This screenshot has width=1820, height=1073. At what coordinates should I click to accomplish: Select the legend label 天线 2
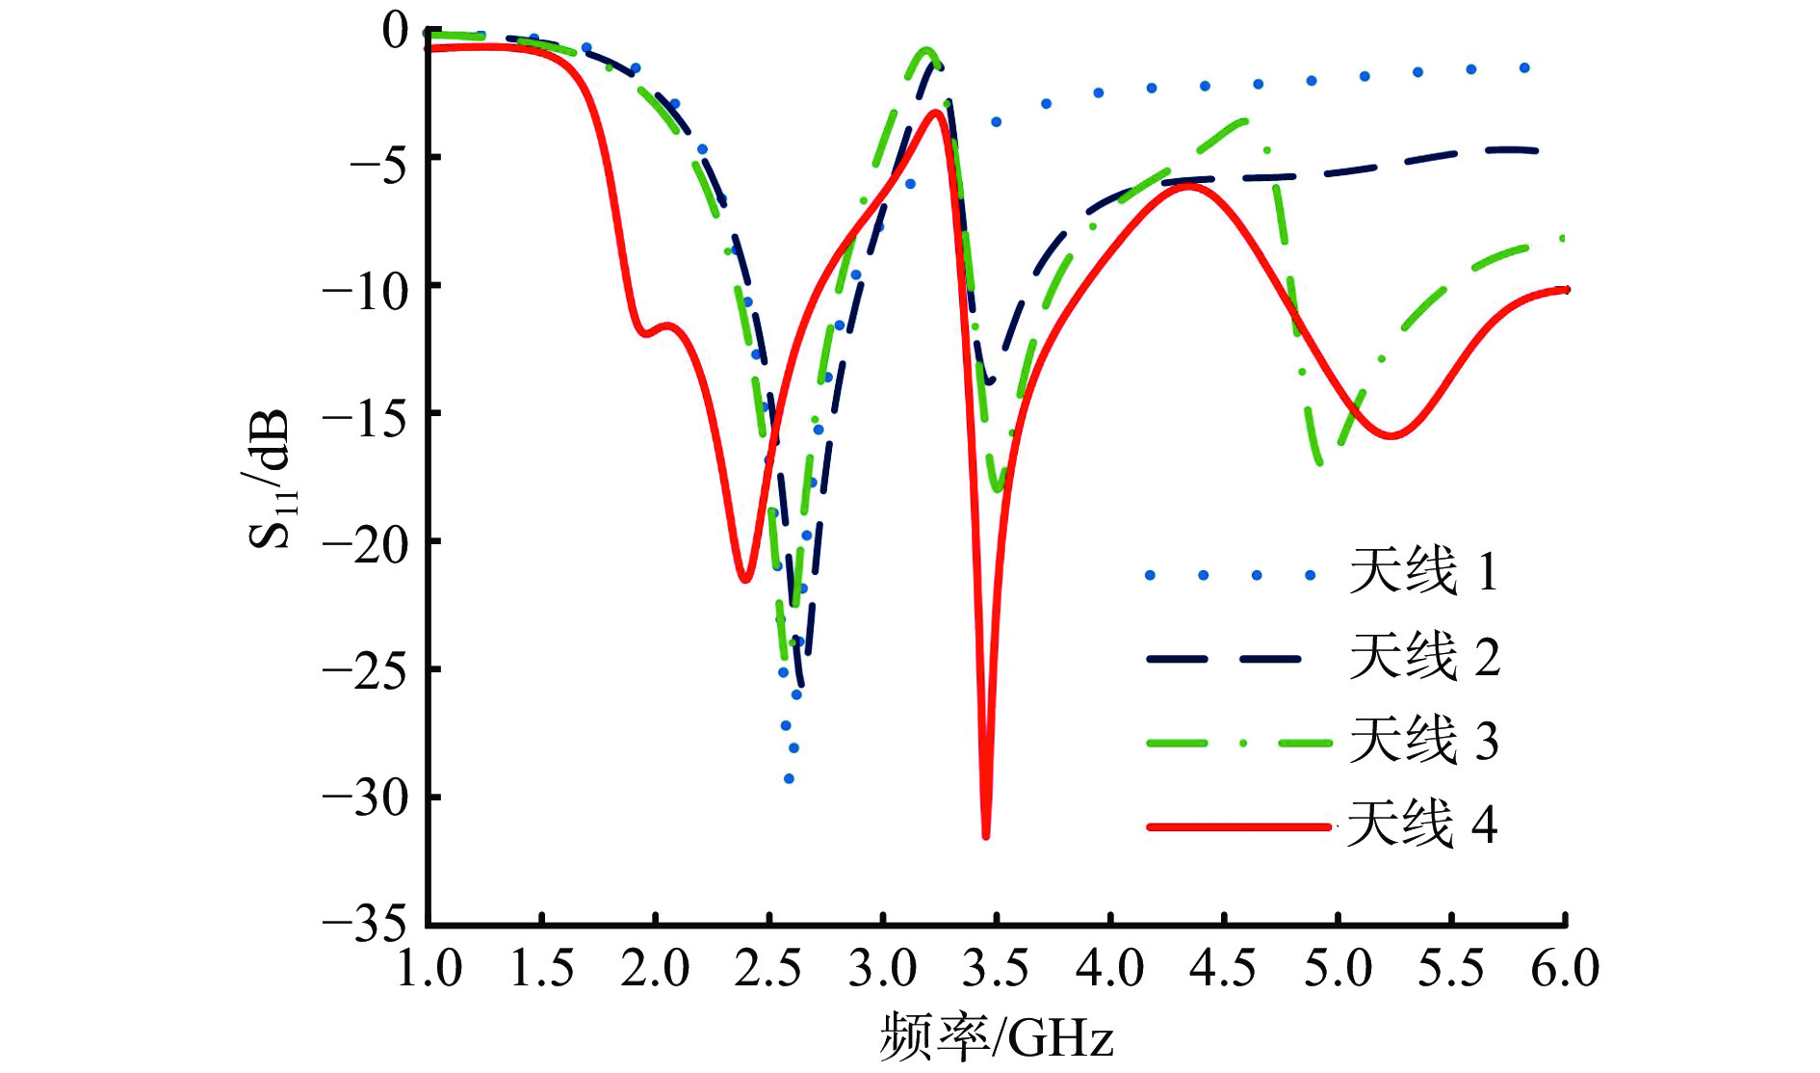point(1423,657)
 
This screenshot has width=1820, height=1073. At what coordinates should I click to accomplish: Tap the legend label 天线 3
point(1423,741)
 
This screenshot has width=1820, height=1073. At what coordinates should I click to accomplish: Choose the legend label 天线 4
point(1421,824)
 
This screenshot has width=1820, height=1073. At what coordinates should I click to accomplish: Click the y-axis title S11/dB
point(271,479)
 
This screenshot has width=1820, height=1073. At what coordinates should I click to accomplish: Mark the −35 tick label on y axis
point(365,925)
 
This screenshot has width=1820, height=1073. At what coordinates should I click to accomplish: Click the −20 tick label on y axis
point(365,543)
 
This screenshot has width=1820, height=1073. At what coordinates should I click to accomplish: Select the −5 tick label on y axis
point(378,160)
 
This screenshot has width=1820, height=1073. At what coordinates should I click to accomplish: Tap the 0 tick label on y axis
point(395,31)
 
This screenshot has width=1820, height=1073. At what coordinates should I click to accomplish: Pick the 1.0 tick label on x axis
point(429,969)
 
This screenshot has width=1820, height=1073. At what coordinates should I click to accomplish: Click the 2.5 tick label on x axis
point(768,969)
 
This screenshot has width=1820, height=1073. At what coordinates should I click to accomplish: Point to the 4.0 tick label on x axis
point(1109,969)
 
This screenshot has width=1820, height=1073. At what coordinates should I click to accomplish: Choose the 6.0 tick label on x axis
point(1565,969)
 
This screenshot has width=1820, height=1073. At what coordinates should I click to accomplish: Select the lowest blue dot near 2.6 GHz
point(789,778)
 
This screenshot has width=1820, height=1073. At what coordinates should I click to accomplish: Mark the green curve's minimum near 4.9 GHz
point(1318,463)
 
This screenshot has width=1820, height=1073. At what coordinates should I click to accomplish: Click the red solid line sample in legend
point(1238,826)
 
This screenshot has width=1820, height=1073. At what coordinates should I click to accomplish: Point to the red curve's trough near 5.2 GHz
point(1391,436)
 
